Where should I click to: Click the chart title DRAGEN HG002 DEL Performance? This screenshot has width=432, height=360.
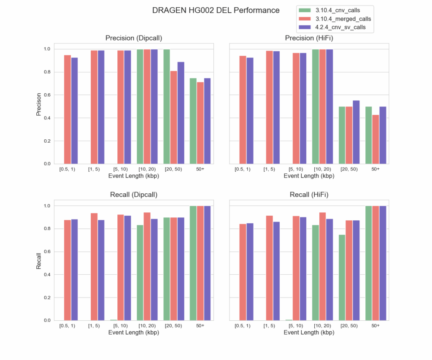tap(216, 10)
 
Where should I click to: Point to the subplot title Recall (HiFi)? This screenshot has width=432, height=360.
tap(309, 195)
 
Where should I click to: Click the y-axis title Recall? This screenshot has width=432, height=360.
tap(39, 261)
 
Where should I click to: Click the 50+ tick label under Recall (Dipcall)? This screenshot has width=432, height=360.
tap(200, 326)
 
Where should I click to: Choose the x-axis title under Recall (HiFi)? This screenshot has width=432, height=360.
tap(309, 333)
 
